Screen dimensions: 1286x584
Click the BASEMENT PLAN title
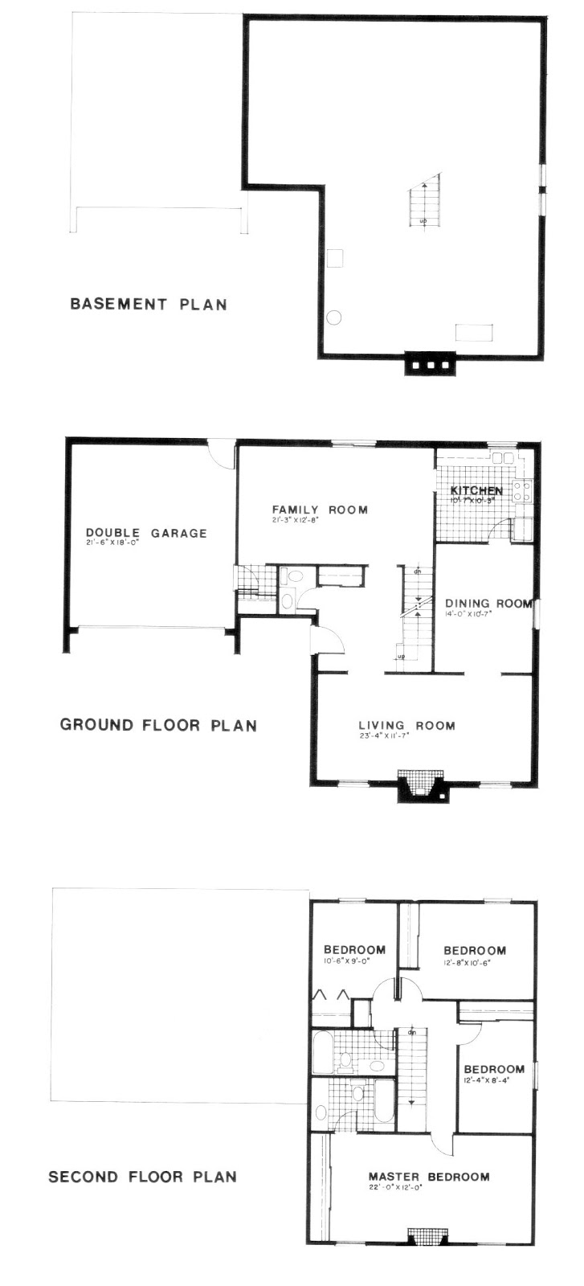149,304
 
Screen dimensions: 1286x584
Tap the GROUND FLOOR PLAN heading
158,725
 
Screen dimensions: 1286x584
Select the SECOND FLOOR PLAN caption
142,1177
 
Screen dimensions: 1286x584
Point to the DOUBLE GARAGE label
146,533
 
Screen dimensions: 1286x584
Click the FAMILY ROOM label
319,510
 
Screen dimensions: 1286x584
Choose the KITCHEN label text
476,490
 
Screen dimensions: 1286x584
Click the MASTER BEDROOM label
429,1177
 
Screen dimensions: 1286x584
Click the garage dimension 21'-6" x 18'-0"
112,543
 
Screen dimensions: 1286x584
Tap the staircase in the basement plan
424,201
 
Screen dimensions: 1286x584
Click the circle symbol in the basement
334,317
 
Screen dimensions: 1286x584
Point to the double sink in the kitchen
503,458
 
